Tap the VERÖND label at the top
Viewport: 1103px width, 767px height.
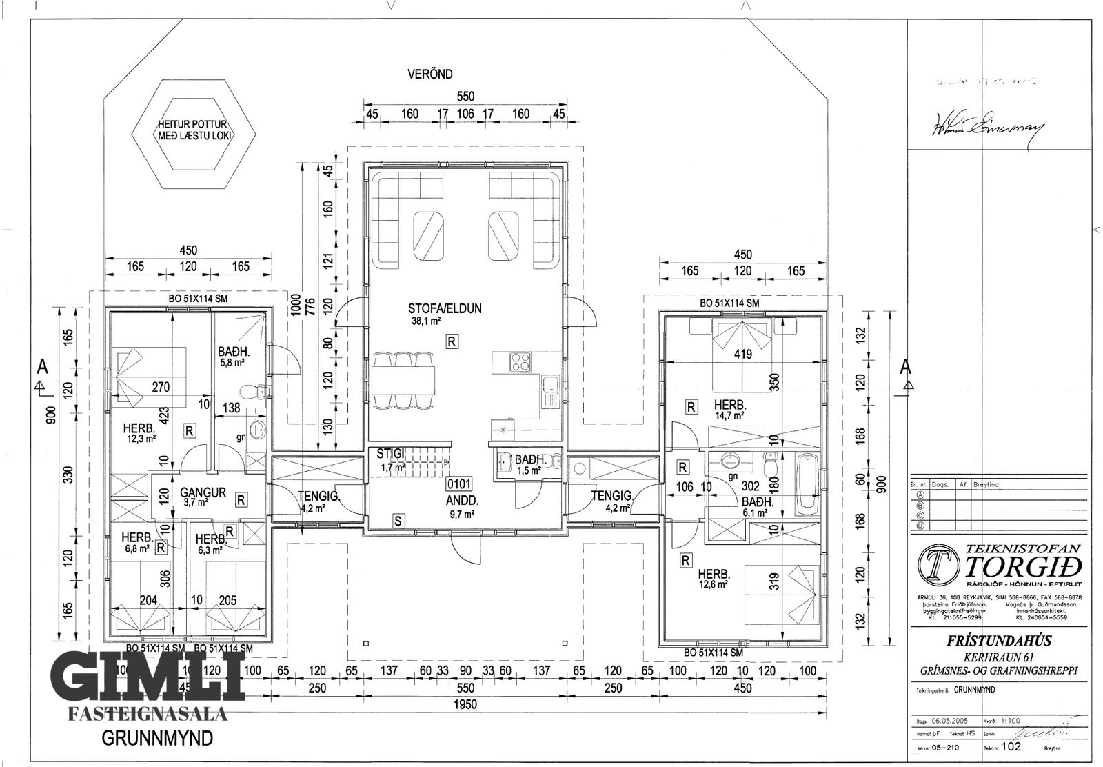coord(429,74)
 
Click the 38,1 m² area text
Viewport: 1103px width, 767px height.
coord(427,321)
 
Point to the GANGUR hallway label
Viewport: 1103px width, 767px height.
coord(203,492)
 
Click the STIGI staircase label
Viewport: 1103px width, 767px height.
coord(389,453)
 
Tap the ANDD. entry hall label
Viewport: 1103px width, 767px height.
coord(462,501)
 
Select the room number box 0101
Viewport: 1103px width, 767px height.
coord(459,484)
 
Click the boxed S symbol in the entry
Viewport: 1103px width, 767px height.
coord(398,521)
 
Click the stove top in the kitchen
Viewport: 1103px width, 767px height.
coord(518,362)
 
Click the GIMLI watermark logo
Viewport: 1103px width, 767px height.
coord(149,677)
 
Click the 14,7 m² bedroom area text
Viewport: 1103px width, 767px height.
coord(729,415)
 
